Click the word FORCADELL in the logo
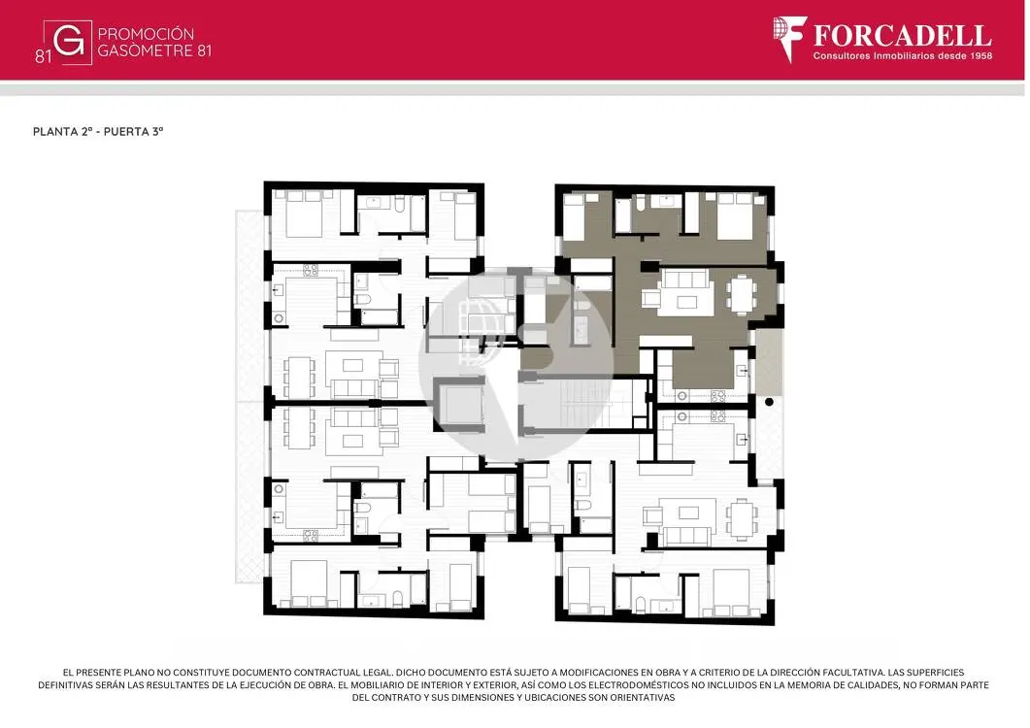(x=902, y=36)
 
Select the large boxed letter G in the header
(x=68, y=42)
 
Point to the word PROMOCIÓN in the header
(x=146, y=34)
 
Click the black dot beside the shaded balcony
(x=769, y=402)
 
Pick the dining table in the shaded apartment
(x=742, y=294)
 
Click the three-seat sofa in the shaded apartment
(x=686, y=279)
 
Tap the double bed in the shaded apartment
(x=735, y=215)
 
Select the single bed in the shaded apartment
(x=574, y=216)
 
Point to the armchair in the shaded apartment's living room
(x=651, y=299)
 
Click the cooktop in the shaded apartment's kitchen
(x=718, y=395)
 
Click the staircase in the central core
(x=577, y=402)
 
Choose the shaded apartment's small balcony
(x=768, y=363)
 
